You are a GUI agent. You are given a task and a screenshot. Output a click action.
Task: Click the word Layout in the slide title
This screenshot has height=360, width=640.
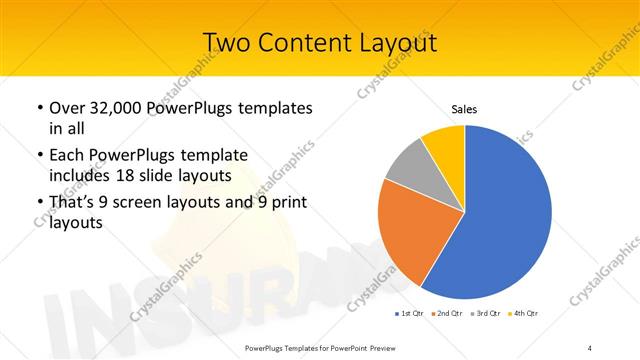(393, 43)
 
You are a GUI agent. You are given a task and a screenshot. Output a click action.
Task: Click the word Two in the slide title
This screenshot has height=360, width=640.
(226, 43)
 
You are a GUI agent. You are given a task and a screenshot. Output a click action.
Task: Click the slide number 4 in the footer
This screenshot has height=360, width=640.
(589, 347)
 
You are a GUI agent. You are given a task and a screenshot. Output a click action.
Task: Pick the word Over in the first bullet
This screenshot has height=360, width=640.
(66, 107)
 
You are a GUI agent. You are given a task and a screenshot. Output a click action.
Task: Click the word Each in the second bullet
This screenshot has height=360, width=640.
(67, 155)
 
